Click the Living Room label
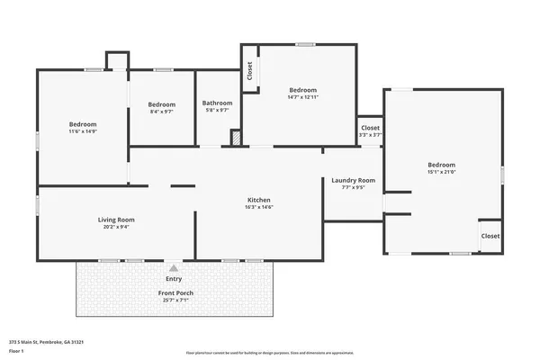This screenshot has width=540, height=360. (x=116, y=220)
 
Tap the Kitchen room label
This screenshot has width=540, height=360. (x=259, y=200)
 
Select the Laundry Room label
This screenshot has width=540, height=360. (x=353, y=180)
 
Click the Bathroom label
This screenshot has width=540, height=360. (x=217, y=103)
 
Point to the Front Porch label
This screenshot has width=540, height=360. (x=175, y=293)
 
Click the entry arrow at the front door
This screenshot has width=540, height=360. (x=173, y=267)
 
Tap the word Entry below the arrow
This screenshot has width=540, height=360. (x=173, y=279)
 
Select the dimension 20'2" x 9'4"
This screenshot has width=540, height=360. (x=116, y=227)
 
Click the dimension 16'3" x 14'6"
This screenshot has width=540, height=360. (x=259, y=207)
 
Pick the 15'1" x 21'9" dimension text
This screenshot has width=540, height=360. (x=441, y=172)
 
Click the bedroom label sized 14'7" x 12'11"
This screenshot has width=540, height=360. (x=302, y=90)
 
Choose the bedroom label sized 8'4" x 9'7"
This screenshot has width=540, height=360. (x=161, y=104)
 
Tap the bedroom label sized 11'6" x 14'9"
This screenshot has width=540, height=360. (x=83, y=124)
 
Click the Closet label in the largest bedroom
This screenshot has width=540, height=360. (x=490, y=236)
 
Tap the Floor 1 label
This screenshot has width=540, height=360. (x=16, y=351)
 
